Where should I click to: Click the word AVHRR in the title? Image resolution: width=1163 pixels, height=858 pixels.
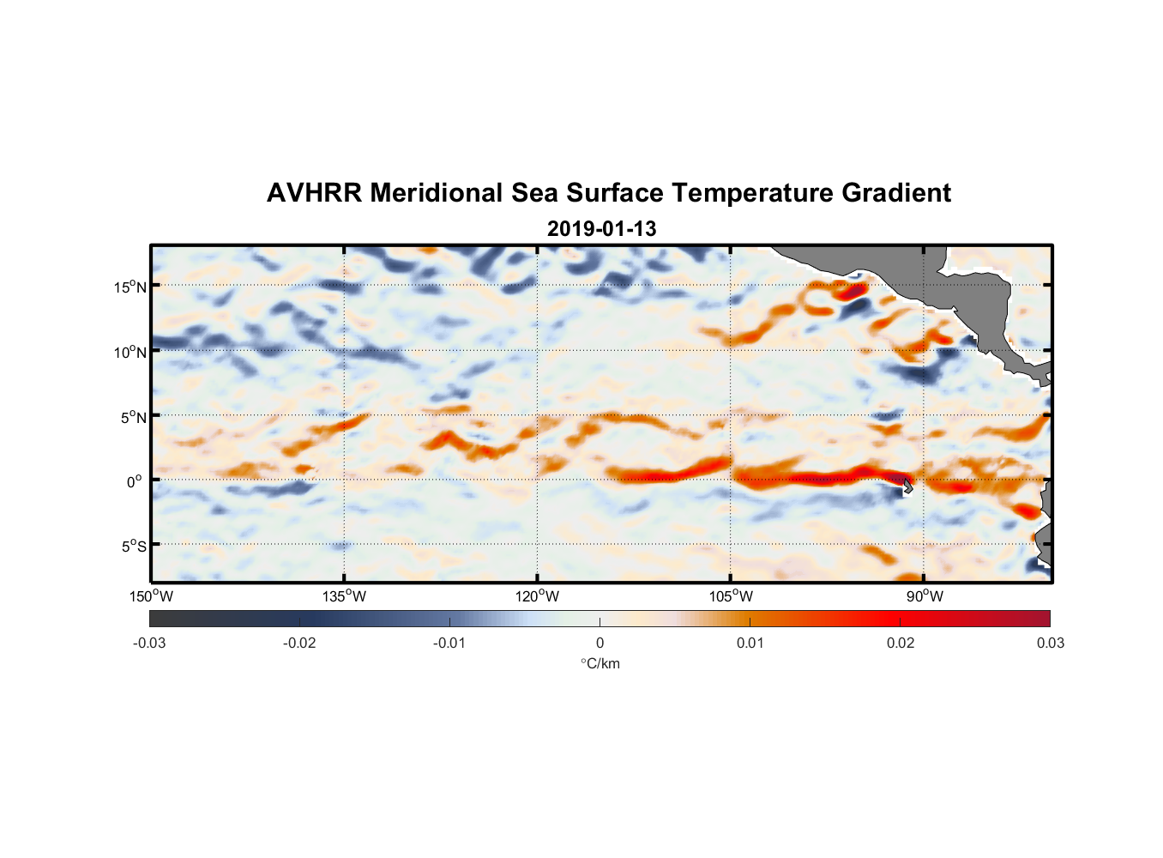click(x=313, y=193)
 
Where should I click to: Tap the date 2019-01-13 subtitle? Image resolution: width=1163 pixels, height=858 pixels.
click(x=601, y=229)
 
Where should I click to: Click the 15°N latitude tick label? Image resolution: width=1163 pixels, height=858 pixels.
click(x=130, y=287)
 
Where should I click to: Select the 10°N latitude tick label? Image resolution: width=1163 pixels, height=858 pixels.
click(x=130, y=352)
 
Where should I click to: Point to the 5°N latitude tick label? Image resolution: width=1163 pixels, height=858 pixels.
click(x=132, y=417)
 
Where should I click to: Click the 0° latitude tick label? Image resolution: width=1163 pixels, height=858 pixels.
click(x=135, y=481)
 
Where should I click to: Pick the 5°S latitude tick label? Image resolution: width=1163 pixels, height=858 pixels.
click(x=132, y=547)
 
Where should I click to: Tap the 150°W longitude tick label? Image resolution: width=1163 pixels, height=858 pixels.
click(x=151, y=596)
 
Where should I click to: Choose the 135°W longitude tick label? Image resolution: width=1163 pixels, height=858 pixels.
click(x=344, y=596)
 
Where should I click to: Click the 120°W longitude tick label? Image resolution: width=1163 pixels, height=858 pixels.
click(x=538, y=596)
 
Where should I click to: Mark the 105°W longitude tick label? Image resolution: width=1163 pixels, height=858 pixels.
click(x=731, y=596)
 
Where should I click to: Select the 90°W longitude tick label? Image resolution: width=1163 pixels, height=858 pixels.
click(x=925, y=596)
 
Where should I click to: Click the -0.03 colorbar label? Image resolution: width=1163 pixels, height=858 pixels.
click(x=149, y=643)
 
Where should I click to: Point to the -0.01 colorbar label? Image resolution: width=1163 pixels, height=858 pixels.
click(x=449, y=643)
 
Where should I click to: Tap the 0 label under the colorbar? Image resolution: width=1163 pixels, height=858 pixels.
click(x=600, y=643)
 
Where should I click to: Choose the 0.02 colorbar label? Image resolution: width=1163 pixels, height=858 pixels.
click(x=901, y=643)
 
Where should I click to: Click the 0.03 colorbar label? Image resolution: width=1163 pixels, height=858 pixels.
click(x=1050, y=643)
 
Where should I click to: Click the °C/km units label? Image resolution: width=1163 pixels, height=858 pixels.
click(x=600, y=664)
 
